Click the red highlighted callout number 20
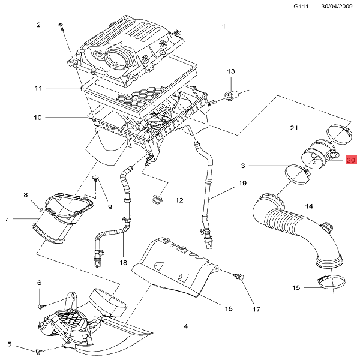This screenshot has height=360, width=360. pyautogui.click(x=351, y=160)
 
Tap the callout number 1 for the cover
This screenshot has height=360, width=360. pyautogui.click(x=223, y=26)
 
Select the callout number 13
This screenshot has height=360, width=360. pyautogui.click(x=230, y=71)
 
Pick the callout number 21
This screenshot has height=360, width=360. pyautogui.click(x=294, y=128)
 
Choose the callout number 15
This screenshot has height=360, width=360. pyautogui.click(x=296, y=288)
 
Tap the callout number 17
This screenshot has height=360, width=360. pyautogui.click(x=256, y=310)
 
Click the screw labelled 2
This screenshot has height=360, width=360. pyautogui.click(x=61, y=25)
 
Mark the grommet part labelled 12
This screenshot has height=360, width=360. pyautogui.click(x=159, y=200)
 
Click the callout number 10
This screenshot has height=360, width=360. pyautogui.click(x=37, y=118)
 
